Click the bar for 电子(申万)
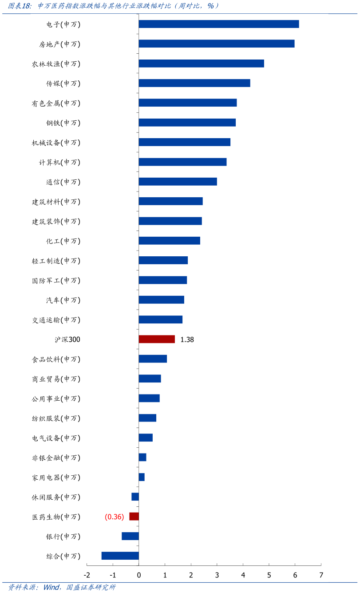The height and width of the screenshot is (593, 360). [218, 24]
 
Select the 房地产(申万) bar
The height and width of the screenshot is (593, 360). [216, 44]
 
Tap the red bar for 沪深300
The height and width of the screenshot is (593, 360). [157, 339]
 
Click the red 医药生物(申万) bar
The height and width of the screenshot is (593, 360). [134, 516]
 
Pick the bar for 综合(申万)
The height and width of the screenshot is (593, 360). [120, 556]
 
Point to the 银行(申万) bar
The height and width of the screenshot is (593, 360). [130, 536]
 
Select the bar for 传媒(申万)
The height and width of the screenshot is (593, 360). [194, 83]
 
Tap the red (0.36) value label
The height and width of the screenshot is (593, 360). [114, 517]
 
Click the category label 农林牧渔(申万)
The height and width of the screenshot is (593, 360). [56, 64]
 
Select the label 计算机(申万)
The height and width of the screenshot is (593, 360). [59, 163]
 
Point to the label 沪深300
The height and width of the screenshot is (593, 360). [67, 340]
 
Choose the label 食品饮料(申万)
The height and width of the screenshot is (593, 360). [56, 359]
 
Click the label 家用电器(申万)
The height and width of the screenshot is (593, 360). [56, 478]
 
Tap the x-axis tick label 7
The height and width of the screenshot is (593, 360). [321, 575]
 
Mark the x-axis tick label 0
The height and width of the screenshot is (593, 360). [139, 575]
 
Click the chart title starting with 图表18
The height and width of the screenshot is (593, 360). [114, 6]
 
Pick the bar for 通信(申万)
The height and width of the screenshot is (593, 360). [178, 181]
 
